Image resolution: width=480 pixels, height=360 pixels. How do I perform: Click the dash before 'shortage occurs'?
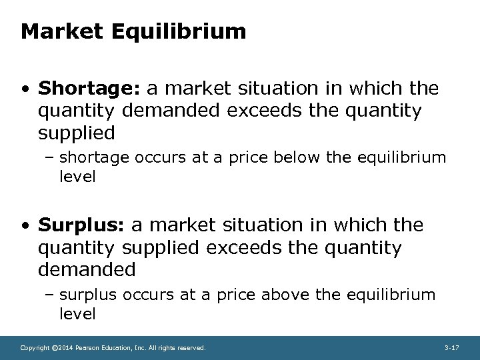pyautogui.click(x=52, y=157)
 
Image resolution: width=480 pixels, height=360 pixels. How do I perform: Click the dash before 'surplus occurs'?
pyautogui.click(x=52, y=294)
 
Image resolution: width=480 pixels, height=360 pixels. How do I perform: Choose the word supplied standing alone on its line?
pyautogui.click(x=77, y=133)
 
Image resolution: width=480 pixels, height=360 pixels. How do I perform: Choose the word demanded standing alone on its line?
pyautogui.click(x=87, y=269)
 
